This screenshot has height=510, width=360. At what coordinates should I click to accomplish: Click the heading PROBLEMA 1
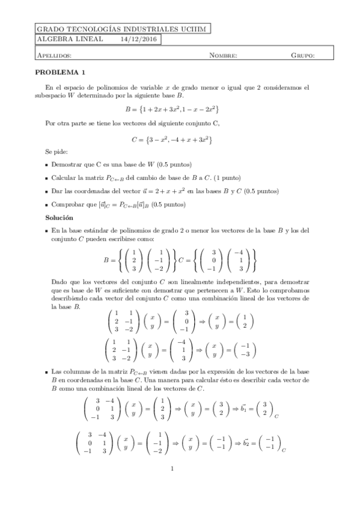(x=60, y=71)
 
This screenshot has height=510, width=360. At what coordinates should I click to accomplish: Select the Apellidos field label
(x=55, y=55)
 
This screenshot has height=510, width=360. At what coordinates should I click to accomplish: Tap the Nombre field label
(x=223, y=55)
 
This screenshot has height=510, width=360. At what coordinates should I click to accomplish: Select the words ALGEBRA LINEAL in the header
(x=64, y=40)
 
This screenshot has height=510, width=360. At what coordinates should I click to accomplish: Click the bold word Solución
(x=59, y=216)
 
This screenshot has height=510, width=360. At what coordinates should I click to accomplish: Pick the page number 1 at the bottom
(x=172, y=469)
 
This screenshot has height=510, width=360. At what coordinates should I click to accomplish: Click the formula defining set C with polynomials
(x=171, y=140)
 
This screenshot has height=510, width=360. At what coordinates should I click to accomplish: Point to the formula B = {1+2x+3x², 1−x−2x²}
(x=171, y=109)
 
